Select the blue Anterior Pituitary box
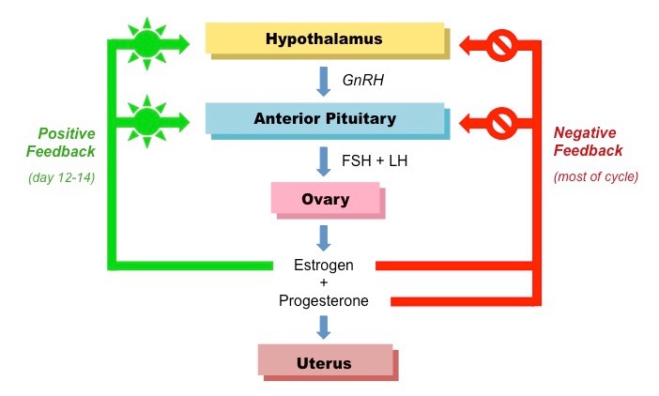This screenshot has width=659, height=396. coord(324,119)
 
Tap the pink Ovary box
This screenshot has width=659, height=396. coord(324,199)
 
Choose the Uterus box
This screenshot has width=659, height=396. coord(325,362)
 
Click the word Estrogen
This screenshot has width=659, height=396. coord(324,265)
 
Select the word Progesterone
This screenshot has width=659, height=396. coord(324,301)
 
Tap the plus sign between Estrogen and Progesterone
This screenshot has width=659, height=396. coord(324,283)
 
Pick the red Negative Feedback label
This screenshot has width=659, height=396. coord(583,142)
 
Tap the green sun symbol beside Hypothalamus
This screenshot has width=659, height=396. coord(146,42)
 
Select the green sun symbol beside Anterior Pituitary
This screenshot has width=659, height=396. coord(146,121)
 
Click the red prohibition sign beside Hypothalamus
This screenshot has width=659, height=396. coord(501,42)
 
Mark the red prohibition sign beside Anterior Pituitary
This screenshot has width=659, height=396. coord(501,121)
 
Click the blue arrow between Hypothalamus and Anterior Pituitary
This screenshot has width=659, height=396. coord(324,81)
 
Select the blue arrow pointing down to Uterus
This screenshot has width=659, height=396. coord(324,327)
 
